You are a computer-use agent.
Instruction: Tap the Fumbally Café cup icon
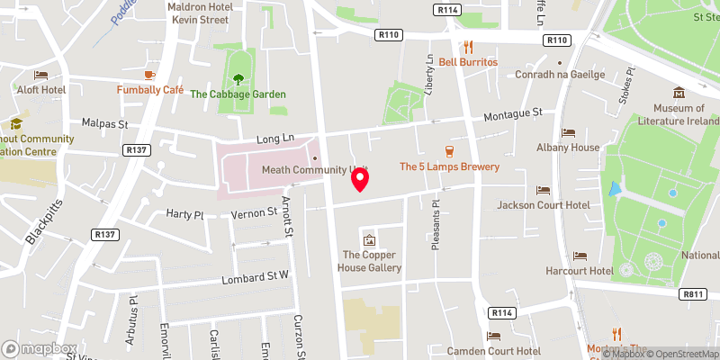tap(150, 75)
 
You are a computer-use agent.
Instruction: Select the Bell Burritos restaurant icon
tap(467, 47)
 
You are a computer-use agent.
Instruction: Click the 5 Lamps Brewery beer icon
tap(448, 150)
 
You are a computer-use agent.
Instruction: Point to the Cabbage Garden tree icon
tap(238, 79)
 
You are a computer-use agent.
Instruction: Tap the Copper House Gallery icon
tap(368, 239)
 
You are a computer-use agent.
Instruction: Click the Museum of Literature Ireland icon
tap(678, 93)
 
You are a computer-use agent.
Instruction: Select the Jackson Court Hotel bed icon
tap(543, 190)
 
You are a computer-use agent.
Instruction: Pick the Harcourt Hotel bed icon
tap(580, 256)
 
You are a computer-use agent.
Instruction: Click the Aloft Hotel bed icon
tap(40, 75)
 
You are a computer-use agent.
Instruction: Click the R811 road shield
tap(692, 293)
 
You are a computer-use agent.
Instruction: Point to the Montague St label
tap(513, 115)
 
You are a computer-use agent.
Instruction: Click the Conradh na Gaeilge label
tap(559, 75)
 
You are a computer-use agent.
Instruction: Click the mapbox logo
tap(40, 348)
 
